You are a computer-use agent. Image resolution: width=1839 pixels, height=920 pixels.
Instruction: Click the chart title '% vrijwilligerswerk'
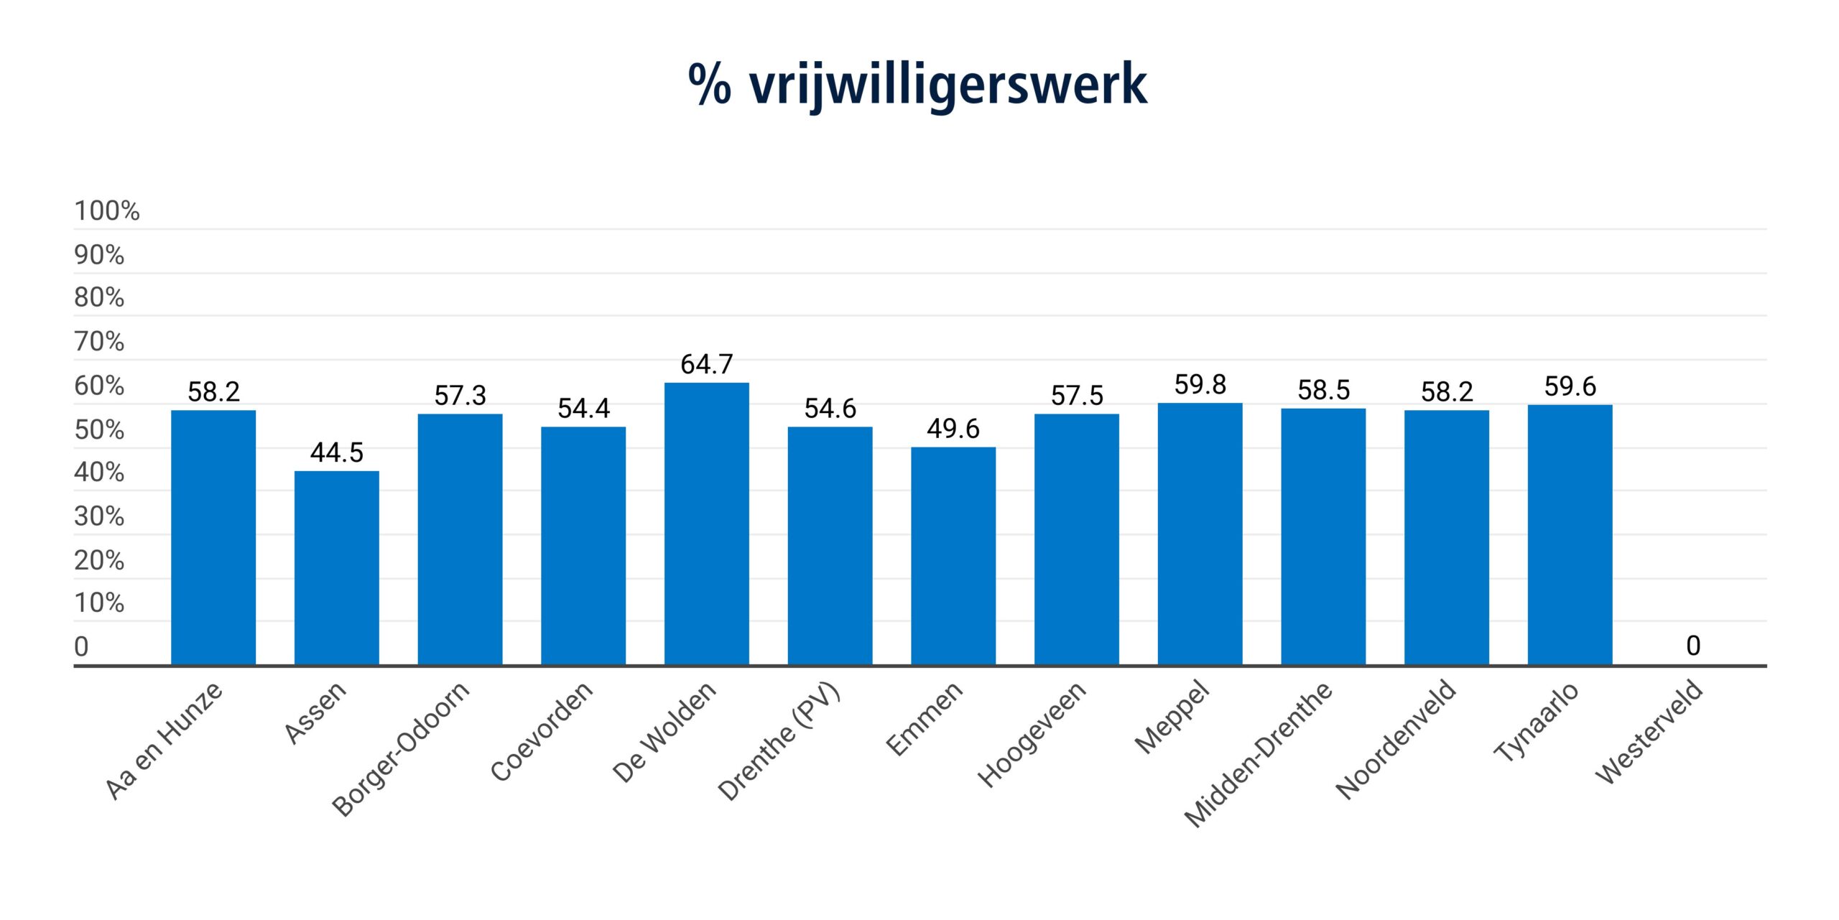pos(917,85)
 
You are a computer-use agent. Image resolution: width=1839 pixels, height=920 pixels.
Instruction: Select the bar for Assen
pos(336,567)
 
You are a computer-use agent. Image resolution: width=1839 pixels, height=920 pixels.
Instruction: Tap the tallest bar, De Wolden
pos(706,524)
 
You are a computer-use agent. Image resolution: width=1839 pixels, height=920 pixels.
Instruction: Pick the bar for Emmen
pos(953,556)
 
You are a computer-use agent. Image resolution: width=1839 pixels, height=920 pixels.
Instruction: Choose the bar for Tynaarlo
pos(1570,535)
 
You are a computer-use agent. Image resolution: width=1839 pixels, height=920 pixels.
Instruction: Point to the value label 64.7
pos(706,365)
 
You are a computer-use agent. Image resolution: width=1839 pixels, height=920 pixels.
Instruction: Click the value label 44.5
pos(336,452)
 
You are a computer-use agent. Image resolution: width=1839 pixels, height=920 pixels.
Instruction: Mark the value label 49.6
pos(953,429)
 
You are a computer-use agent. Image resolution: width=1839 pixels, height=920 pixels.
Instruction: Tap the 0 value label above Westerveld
pos(1693,646)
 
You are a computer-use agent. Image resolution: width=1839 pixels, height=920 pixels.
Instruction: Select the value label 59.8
pos(1200,385)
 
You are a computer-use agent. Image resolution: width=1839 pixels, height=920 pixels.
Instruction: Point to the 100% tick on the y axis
pos(106,211)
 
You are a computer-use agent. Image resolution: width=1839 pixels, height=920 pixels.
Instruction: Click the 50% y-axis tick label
pos(99,430)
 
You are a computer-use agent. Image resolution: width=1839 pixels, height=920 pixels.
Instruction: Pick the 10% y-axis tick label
pos(99,603)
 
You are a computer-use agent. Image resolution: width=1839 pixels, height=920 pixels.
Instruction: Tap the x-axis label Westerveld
pos(1648,732)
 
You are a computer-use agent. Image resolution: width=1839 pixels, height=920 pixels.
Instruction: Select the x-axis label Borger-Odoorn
pos(399,748)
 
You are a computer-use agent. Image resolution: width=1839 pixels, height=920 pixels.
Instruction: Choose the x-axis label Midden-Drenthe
pos(1257,754)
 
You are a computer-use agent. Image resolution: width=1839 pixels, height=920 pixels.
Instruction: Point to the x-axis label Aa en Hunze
pos(164,740)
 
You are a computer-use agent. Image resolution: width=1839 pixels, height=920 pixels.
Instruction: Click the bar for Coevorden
pos(583,546)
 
